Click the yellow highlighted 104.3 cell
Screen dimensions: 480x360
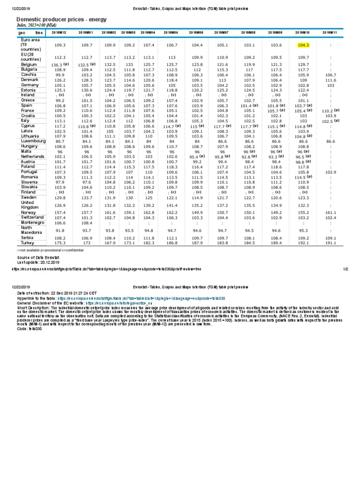point(303,45)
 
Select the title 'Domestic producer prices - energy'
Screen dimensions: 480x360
point(62,19)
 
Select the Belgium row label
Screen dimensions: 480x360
point(29,64)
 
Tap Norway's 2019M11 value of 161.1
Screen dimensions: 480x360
point(330,212)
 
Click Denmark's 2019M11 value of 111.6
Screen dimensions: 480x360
point(330,80)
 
